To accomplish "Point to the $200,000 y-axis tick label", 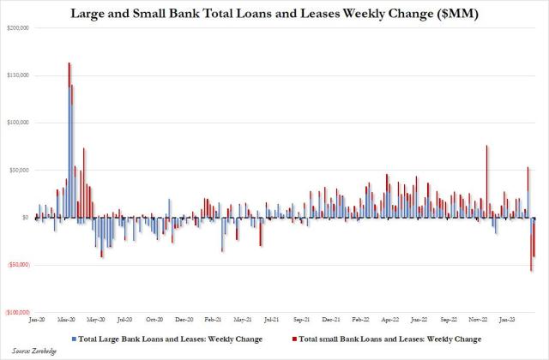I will point(18,28).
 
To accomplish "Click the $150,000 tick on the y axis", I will point(18,75).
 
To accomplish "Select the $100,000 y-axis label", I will point(18,123).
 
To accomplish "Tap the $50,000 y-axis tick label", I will point(19,170).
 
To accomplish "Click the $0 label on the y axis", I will point(26,218).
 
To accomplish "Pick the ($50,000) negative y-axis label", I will point(17,265).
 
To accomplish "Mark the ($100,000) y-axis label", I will point(17,312).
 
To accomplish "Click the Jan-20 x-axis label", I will point(38,320).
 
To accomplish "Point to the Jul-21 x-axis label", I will point(271,320).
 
